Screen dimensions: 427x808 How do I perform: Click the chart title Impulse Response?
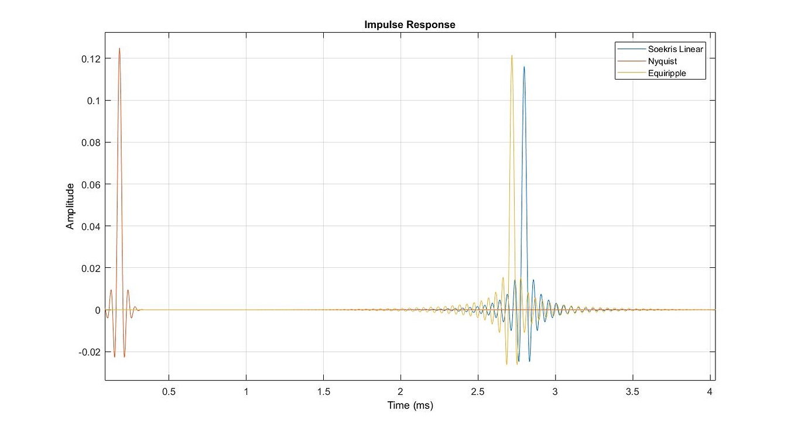point(409,25)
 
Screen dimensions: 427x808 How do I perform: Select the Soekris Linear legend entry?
point(675,49)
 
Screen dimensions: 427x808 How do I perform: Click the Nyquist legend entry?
point(662,61)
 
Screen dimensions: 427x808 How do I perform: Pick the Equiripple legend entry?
point(666,74)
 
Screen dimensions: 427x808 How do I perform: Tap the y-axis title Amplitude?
point(70,206)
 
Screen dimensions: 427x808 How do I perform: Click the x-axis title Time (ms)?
point(409,405)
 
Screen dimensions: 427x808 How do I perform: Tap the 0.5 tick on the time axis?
point(169,391)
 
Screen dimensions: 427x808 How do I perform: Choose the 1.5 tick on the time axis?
point(323,391)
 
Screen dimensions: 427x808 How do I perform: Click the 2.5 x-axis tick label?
point(478,391)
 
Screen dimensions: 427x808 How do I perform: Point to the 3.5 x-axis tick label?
point(632,391)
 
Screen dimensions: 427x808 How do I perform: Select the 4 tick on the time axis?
point(710,391)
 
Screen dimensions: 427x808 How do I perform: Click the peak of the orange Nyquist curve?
point(119,49)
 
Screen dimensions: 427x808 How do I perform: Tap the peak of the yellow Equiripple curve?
point(511,56)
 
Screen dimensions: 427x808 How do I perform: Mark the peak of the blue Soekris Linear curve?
point(524,67)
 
